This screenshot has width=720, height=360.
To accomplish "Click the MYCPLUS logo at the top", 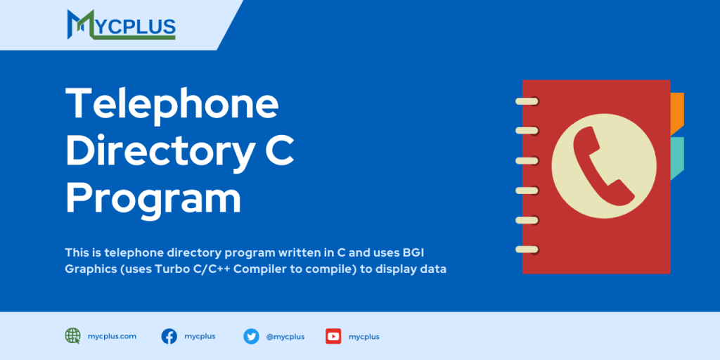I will tap(121, 24).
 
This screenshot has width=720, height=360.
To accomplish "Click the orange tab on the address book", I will tap(676, 112).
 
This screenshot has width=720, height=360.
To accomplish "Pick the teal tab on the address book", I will tap(676, 158).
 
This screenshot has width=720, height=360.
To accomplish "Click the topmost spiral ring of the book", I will tap(527, 101).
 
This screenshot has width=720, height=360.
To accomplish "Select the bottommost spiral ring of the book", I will tap(527, 249).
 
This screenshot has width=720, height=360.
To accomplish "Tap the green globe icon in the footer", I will tap(72, 336).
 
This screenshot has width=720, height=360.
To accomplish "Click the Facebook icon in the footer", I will tap(169, 336).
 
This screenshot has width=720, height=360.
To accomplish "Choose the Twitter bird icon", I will tap(251, 336).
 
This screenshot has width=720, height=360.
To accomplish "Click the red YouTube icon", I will tap(333, 336).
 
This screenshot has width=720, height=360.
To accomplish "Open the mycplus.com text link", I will tap(112, 336).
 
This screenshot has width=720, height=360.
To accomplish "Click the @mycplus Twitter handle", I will tap(285, 337).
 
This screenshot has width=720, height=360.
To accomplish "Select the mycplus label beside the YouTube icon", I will tap(364, 337).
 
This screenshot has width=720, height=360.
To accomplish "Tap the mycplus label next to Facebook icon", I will tap(200, 336).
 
